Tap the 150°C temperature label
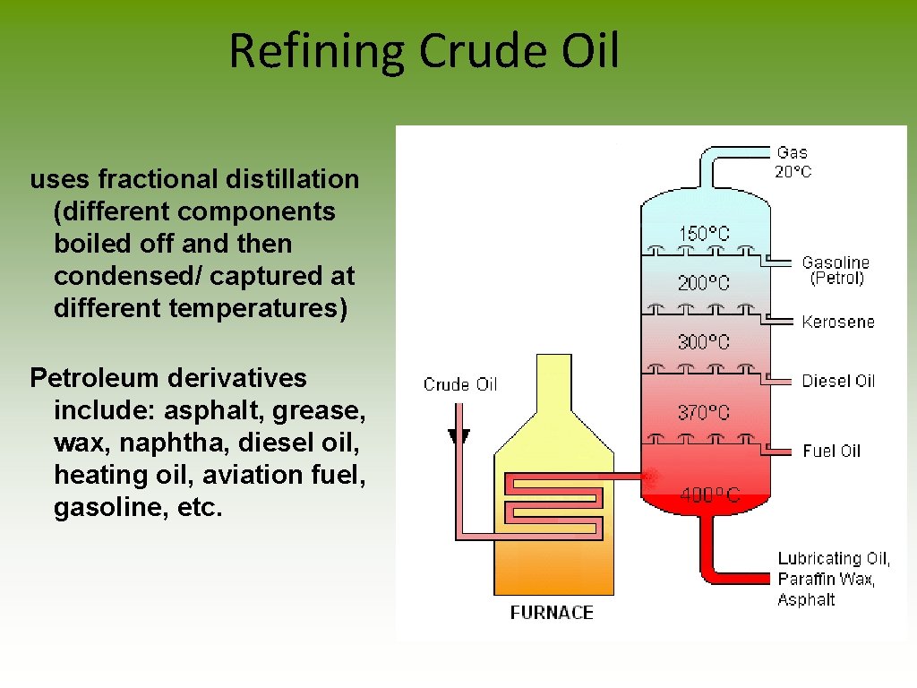(x=704, y=234)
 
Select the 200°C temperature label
(x=704, y=283)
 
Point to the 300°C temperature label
(x=704, y=342)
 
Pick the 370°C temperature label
(x=704, y=413)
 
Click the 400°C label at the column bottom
(x=709, y=494)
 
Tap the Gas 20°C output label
(x=793, y=162)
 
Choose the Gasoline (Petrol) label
(x=836, y=270)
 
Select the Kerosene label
(x=838, y=322)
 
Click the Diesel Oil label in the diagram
(x=838, y=381)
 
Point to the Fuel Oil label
(x=831, y=451)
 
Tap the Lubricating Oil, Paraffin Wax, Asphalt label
(x=834, y=579)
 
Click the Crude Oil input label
(x=460, y=384)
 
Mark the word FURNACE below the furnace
(x=552, y=613)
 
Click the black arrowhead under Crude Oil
(x=459, y=437)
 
